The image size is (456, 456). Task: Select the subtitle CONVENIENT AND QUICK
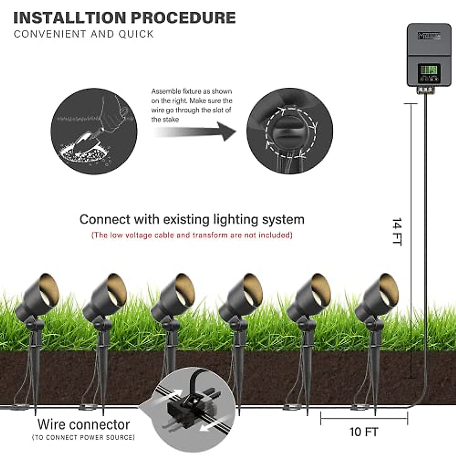(84, 34)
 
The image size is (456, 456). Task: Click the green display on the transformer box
(429, 70)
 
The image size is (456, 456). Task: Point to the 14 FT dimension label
(397, 232)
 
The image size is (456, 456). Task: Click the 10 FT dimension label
(364, 432)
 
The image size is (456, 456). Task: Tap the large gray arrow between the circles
(198, 131)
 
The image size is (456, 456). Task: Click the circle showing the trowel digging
(94, 131)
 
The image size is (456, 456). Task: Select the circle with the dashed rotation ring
(290, 131)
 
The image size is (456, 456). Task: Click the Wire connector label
(84, 424)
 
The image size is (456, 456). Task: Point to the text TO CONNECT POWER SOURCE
(84, 437)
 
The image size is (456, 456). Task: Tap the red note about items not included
(192, 235)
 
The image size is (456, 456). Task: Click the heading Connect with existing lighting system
(192, 220)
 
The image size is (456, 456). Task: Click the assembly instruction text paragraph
(192, 105)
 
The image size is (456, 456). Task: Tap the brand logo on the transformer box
(429, 36)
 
